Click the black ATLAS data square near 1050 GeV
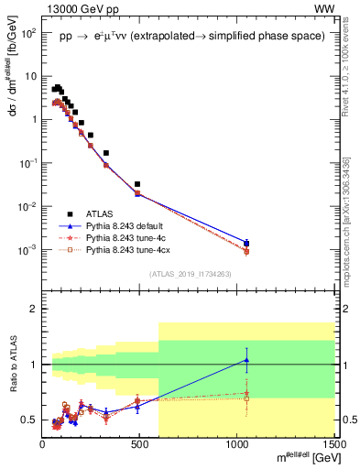point(246,244)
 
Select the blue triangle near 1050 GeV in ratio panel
point(246,360)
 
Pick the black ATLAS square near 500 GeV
point(138,184)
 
